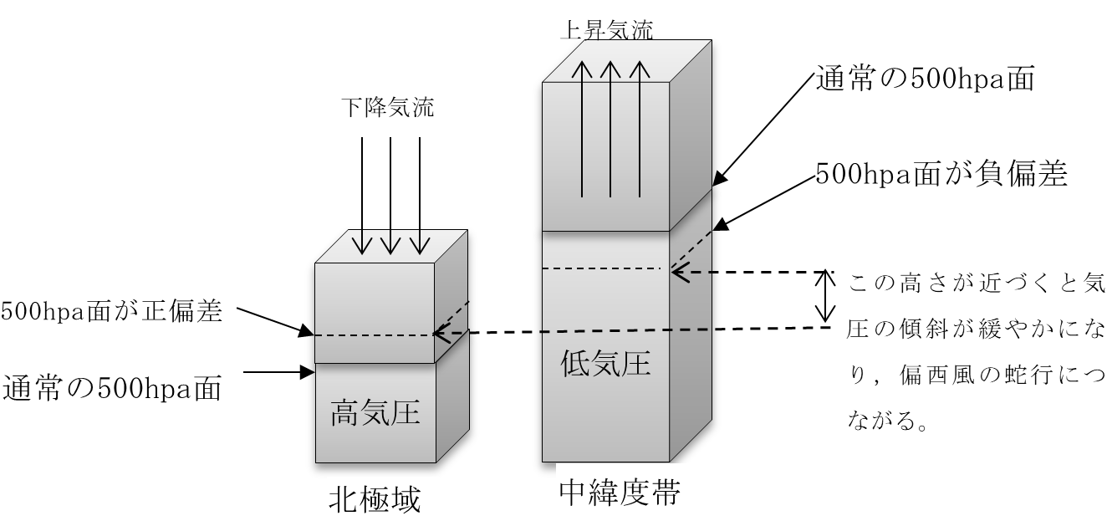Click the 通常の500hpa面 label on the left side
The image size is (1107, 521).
(x=113, y=388)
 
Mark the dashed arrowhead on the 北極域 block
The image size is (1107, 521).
(x=440, y=335)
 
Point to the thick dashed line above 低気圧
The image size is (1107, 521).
(x=625, y=330)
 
